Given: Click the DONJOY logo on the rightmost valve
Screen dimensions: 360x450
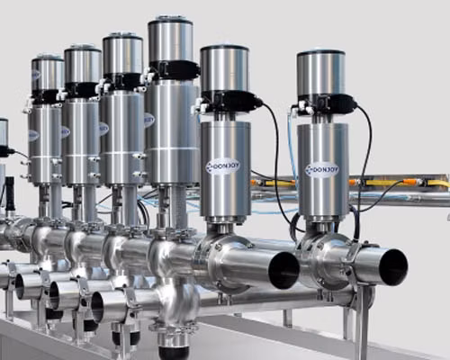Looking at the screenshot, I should [x=321, y=168].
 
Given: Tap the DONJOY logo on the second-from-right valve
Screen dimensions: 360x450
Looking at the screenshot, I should [x=222, y=166].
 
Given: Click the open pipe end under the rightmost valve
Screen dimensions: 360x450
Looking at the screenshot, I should [x=392, y=267].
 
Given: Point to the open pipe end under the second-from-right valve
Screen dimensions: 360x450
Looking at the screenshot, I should [x=284, y=270].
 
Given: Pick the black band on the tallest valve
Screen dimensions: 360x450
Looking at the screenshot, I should [x=173, y=69].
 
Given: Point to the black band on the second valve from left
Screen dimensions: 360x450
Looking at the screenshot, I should [x=82, y=89].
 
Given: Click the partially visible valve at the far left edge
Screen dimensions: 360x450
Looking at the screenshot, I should [x=3, y=135].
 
